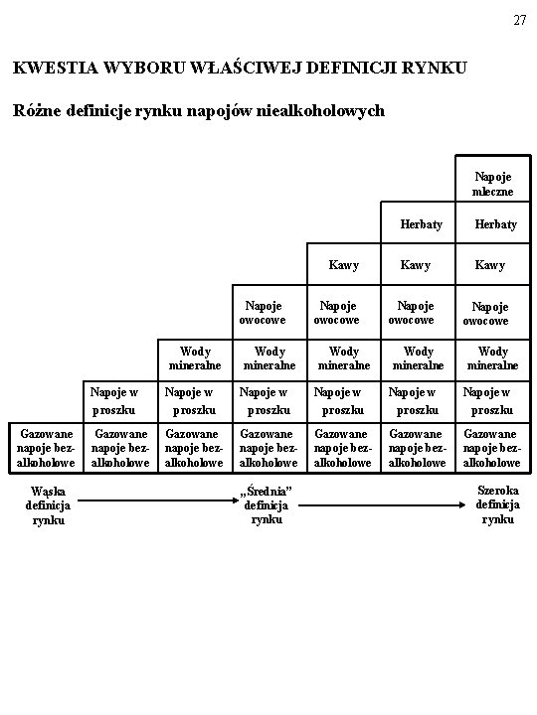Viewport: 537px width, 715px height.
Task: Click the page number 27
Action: [x=520, y=20]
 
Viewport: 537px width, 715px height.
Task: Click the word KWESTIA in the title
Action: [x=56, y=68]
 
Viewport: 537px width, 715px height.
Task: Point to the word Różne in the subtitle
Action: [x=37, y=110]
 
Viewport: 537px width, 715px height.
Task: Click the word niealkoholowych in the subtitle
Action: [x=320, y=111]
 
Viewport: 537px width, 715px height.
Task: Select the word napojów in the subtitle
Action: [x=219, y=111]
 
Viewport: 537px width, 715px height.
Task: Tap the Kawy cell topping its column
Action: [x=343, y=265]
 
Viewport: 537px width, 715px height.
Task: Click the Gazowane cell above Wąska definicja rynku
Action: [x=46, y=448]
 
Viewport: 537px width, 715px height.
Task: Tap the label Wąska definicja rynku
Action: [x=48, y=505]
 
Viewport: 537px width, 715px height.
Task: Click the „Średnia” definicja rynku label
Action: [x=266, y=504]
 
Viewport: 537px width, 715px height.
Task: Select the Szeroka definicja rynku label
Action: [x=498, y=504]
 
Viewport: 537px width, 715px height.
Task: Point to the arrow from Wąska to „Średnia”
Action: [x=158, y=500]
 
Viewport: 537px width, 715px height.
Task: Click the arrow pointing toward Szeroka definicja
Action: [x=382, y=504]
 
